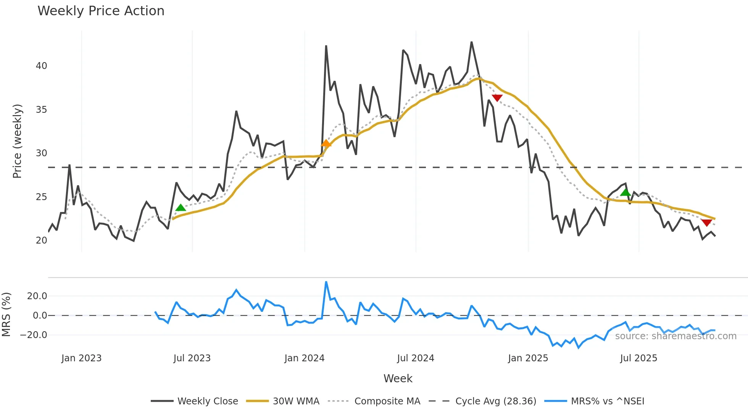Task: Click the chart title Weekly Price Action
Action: coord(101,11)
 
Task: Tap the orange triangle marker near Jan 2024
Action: coord(326,143)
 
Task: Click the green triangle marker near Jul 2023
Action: coord(181,208)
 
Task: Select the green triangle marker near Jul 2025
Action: coord(625,192)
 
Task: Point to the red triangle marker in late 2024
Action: coord(497,98)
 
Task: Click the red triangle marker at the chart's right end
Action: coord(706,223)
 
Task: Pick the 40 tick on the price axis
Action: coord(41,66)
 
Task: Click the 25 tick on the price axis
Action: coord(41,197)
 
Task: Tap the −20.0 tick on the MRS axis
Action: coord(34,335)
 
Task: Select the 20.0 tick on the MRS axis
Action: coord(37,296)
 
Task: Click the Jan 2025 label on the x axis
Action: coord(528,358)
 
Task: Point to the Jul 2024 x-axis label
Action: coord(416,358)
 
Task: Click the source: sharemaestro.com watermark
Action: coord(675,336)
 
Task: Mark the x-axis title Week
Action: coord(398,378)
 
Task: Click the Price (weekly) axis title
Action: coord(17,141)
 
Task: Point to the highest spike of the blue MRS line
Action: coord(326,282)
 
